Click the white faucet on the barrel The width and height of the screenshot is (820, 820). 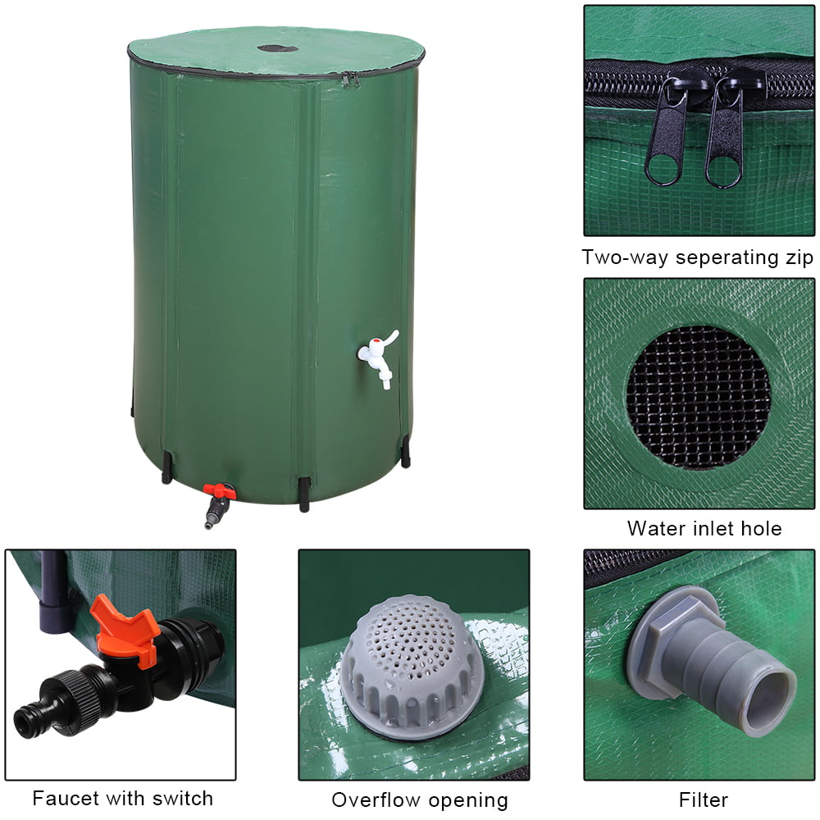[x=378, y=356]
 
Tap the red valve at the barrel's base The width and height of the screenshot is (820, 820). [x=220, y=492]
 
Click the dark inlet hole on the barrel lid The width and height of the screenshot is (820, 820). [x=277, y=48]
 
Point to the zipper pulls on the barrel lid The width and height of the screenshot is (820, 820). [x=350, y=80]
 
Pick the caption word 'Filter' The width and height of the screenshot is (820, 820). [x=704, y=799]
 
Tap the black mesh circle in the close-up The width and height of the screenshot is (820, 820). [x=699, y=397]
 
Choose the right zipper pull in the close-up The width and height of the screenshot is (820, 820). [x=724, y=135]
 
